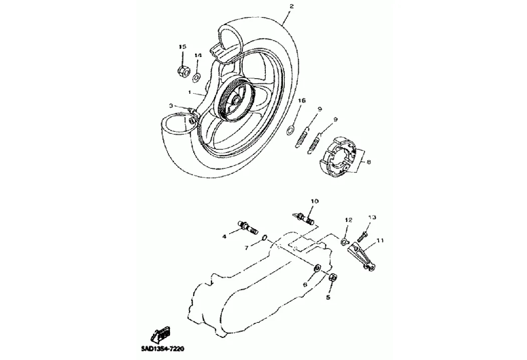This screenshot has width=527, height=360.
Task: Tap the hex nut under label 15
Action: click(183, 71)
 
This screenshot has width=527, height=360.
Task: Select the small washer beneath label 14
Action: click(197, 76)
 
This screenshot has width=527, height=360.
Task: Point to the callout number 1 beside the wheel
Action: click(190, 92)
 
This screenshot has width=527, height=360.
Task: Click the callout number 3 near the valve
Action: click(171, 106)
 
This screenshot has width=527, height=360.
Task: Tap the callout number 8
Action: click(369, 162)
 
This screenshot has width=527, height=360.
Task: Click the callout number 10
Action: click(314, 201)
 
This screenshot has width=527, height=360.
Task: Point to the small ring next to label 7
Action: click(265, 238)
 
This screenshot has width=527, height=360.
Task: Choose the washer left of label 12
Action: click(344, 242)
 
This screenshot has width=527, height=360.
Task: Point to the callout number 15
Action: click(183, 47)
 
